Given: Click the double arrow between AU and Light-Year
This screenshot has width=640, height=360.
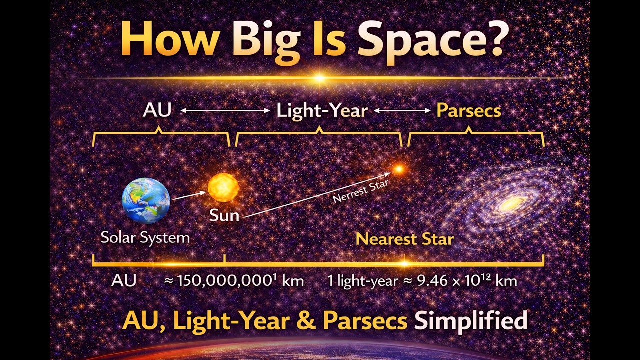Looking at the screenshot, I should (225, 111).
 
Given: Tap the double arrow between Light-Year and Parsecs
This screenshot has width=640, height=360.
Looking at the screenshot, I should (402, 111).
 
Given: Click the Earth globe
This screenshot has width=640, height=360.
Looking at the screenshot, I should (146, 201).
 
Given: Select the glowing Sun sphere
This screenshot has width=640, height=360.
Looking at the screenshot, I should (223, 187).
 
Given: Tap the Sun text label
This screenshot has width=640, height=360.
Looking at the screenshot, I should (224, 215).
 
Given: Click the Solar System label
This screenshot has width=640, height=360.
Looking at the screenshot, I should (145, 237).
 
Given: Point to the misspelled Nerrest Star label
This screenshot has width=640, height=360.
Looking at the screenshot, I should (361, 191).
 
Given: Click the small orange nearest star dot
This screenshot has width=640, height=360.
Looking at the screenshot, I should (398, 169).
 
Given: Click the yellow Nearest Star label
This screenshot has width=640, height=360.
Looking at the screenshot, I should (404, 239).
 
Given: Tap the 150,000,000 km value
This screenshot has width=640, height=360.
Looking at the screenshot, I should (234, 280).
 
